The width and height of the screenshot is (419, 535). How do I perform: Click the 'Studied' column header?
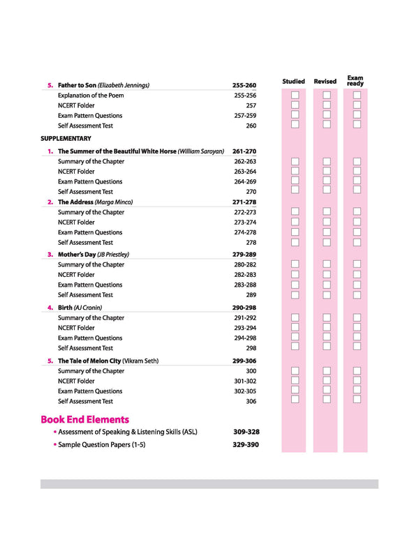[293, 82]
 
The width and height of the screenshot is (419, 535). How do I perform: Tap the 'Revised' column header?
[325, 82]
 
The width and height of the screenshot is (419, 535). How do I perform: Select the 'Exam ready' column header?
[355, 81]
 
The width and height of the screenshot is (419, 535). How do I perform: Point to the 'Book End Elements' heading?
[84, 419]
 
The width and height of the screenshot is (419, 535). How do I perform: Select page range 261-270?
[244, 151]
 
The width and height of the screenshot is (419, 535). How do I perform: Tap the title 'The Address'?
[75, 202]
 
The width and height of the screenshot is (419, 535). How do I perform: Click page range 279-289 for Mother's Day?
[244, 255]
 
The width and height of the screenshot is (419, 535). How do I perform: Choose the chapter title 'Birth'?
[66, 308]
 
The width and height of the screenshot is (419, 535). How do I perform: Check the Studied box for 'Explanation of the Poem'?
[295, 95]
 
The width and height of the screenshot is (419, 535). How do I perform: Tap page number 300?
[251, 371]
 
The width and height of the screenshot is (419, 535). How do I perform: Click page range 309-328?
[246, 432]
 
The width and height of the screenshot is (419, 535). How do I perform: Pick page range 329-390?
[246, 444]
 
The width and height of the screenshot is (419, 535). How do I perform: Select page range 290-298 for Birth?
[244, 308]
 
